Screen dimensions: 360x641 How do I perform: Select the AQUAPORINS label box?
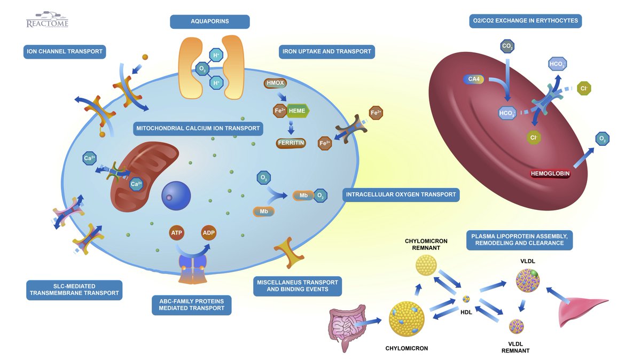(x=210, y=22)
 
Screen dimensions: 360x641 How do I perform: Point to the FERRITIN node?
(x=291, y=143)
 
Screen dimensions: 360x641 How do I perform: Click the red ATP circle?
(x=177, y=233)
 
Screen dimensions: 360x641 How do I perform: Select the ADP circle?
(x=209, y=233)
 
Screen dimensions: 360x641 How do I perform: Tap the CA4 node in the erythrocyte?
(x=473, y=80)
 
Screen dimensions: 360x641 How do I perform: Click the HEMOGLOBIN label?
(x=550, y=174)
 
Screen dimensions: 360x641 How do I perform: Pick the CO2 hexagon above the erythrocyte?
(x=508, y=47)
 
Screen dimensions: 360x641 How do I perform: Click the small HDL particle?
(x=466, y=299)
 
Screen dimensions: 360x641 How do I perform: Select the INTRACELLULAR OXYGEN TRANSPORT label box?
(x=401, y=194)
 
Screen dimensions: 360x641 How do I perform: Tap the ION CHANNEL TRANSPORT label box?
(x=64, y=52)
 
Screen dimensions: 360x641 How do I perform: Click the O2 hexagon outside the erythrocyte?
(x=603, y=139)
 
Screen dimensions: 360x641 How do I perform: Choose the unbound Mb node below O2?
(x=264, y=212)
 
